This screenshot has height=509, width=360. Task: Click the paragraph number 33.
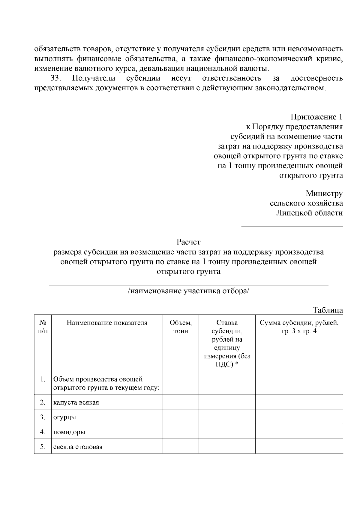click(56, 79)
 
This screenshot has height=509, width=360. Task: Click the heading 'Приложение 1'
click(316, 117)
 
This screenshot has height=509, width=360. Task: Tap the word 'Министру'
click(324, 193)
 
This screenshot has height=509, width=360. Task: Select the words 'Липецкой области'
click(309, 213)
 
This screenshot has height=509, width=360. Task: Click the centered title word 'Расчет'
click(188, 242)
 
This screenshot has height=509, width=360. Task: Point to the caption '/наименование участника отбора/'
click(188, 291)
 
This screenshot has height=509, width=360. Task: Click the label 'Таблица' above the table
click(328, 310)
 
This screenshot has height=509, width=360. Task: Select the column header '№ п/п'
click(43, 327)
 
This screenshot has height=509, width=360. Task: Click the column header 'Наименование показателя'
click(107, 323)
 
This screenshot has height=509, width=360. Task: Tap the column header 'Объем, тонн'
click(181, 327)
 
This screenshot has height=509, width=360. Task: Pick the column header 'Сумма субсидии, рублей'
click(299, 323)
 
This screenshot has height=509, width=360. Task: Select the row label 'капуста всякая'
click(76, 402)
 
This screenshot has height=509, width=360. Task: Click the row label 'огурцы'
click(64, 417)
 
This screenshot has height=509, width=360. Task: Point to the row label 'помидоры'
click(69, 432)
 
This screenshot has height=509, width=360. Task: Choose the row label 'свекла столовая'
click(78, 447)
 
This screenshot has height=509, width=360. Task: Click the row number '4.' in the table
click(43, 432)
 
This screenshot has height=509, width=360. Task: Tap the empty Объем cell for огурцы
click(181, 417)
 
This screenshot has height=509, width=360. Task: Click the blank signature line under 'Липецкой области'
click(292, 226)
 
